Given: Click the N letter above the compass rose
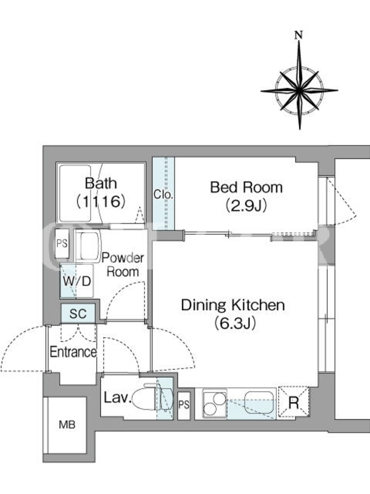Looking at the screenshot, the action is (298, 35).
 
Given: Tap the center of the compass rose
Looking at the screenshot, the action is (299, 91).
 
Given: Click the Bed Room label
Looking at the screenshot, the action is (246, 187).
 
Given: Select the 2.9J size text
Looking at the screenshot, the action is (246, 206).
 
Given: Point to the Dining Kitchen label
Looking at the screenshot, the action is (233, 304).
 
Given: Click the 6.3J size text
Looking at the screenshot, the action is (235, 323).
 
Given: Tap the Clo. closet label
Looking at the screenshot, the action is (163, 195).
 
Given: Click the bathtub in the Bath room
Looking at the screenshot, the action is (75, 193).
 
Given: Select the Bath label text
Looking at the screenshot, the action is (101, 183).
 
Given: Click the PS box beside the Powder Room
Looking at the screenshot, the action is (62, 243).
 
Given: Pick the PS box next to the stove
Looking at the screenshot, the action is (184, 406).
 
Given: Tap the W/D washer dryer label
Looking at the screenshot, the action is (76, 281).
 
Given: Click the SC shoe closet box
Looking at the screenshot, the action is (78, 314).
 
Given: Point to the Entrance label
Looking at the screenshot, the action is (73, 352).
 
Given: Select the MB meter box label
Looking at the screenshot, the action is (67, 425).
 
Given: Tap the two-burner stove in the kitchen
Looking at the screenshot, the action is (215, 404).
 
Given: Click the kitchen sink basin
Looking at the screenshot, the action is (259, 402).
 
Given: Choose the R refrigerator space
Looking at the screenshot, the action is (294, 403).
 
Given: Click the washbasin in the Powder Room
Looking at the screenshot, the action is (88, 246).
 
